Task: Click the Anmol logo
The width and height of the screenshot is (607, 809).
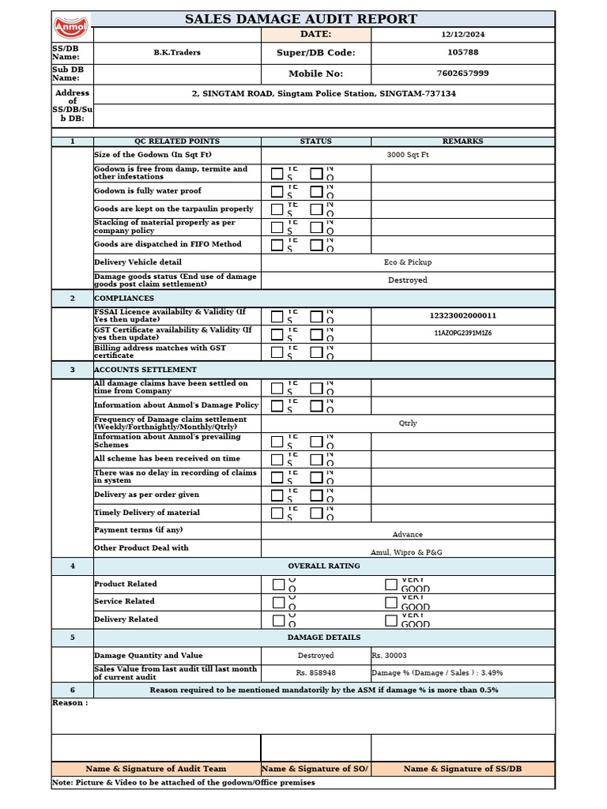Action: (72, 27)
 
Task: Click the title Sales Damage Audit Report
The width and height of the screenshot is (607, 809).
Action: (300, 19)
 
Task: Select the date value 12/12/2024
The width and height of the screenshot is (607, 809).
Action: (462, 35)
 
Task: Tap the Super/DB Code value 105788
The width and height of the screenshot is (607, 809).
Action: (462, 53)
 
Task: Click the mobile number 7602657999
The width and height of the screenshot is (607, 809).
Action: (462, 73)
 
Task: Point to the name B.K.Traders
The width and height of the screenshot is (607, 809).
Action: (177, 53)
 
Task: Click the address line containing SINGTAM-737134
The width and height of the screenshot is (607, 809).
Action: (324, 93)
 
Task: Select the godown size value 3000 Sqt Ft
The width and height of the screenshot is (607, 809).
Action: (408, 155)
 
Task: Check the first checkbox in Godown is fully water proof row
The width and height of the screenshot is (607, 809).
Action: (277, 191)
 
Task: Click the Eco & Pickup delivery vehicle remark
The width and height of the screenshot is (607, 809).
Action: (408, 262)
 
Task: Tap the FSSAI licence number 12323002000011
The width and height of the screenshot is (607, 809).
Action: (462, 316)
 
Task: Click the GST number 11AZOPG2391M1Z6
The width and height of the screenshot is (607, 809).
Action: (462, 333)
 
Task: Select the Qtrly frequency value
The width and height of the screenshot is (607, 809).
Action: (408, 423)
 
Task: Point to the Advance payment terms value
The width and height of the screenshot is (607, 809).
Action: (408, 535)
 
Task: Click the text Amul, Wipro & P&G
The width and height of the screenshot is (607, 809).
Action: (407, 552)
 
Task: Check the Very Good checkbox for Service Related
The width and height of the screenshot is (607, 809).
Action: (391, 602)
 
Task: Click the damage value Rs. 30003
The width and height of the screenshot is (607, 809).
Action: (390, 656)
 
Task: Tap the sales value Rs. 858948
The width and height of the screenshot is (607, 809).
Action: (315, 673)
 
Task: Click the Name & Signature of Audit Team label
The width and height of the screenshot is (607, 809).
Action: (156, 769)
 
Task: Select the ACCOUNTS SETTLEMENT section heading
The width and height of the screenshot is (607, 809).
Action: (145, 370)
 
